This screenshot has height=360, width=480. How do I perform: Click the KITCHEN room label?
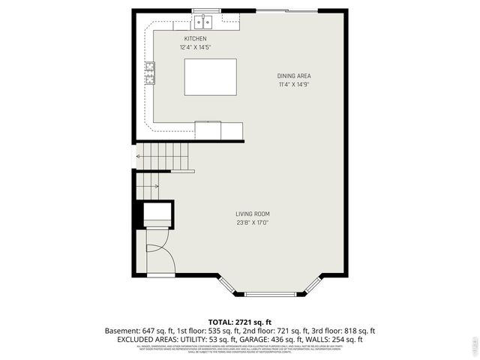coord(196,39)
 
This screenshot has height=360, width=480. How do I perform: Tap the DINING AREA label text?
coord(294,76)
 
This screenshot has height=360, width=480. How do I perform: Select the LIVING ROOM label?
coord(253,214)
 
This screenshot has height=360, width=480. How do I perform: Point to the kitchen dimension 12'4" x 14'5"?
coord(196,47)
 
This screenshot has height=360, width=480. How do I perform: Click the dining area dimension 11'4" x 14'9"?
coord(294,85)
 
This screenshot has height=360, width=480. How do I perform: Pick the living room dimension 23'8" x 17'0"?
coord(253,222)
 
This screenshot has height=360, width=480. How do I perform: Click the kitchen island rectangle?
coord(210,76)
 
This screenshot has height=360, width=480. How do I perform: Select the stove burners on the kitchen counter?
coord(150,73)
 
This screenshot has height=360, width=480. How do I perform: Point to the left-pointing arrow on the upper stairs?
coord(138,156)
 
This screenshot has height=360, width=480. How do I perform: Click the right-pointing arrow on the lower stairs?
coord(149,186)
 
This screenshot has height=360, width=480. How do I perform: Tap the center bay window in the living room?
coord(271,294)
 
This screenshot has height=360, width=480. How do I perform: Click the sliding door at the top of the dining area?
coord(282,10)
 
